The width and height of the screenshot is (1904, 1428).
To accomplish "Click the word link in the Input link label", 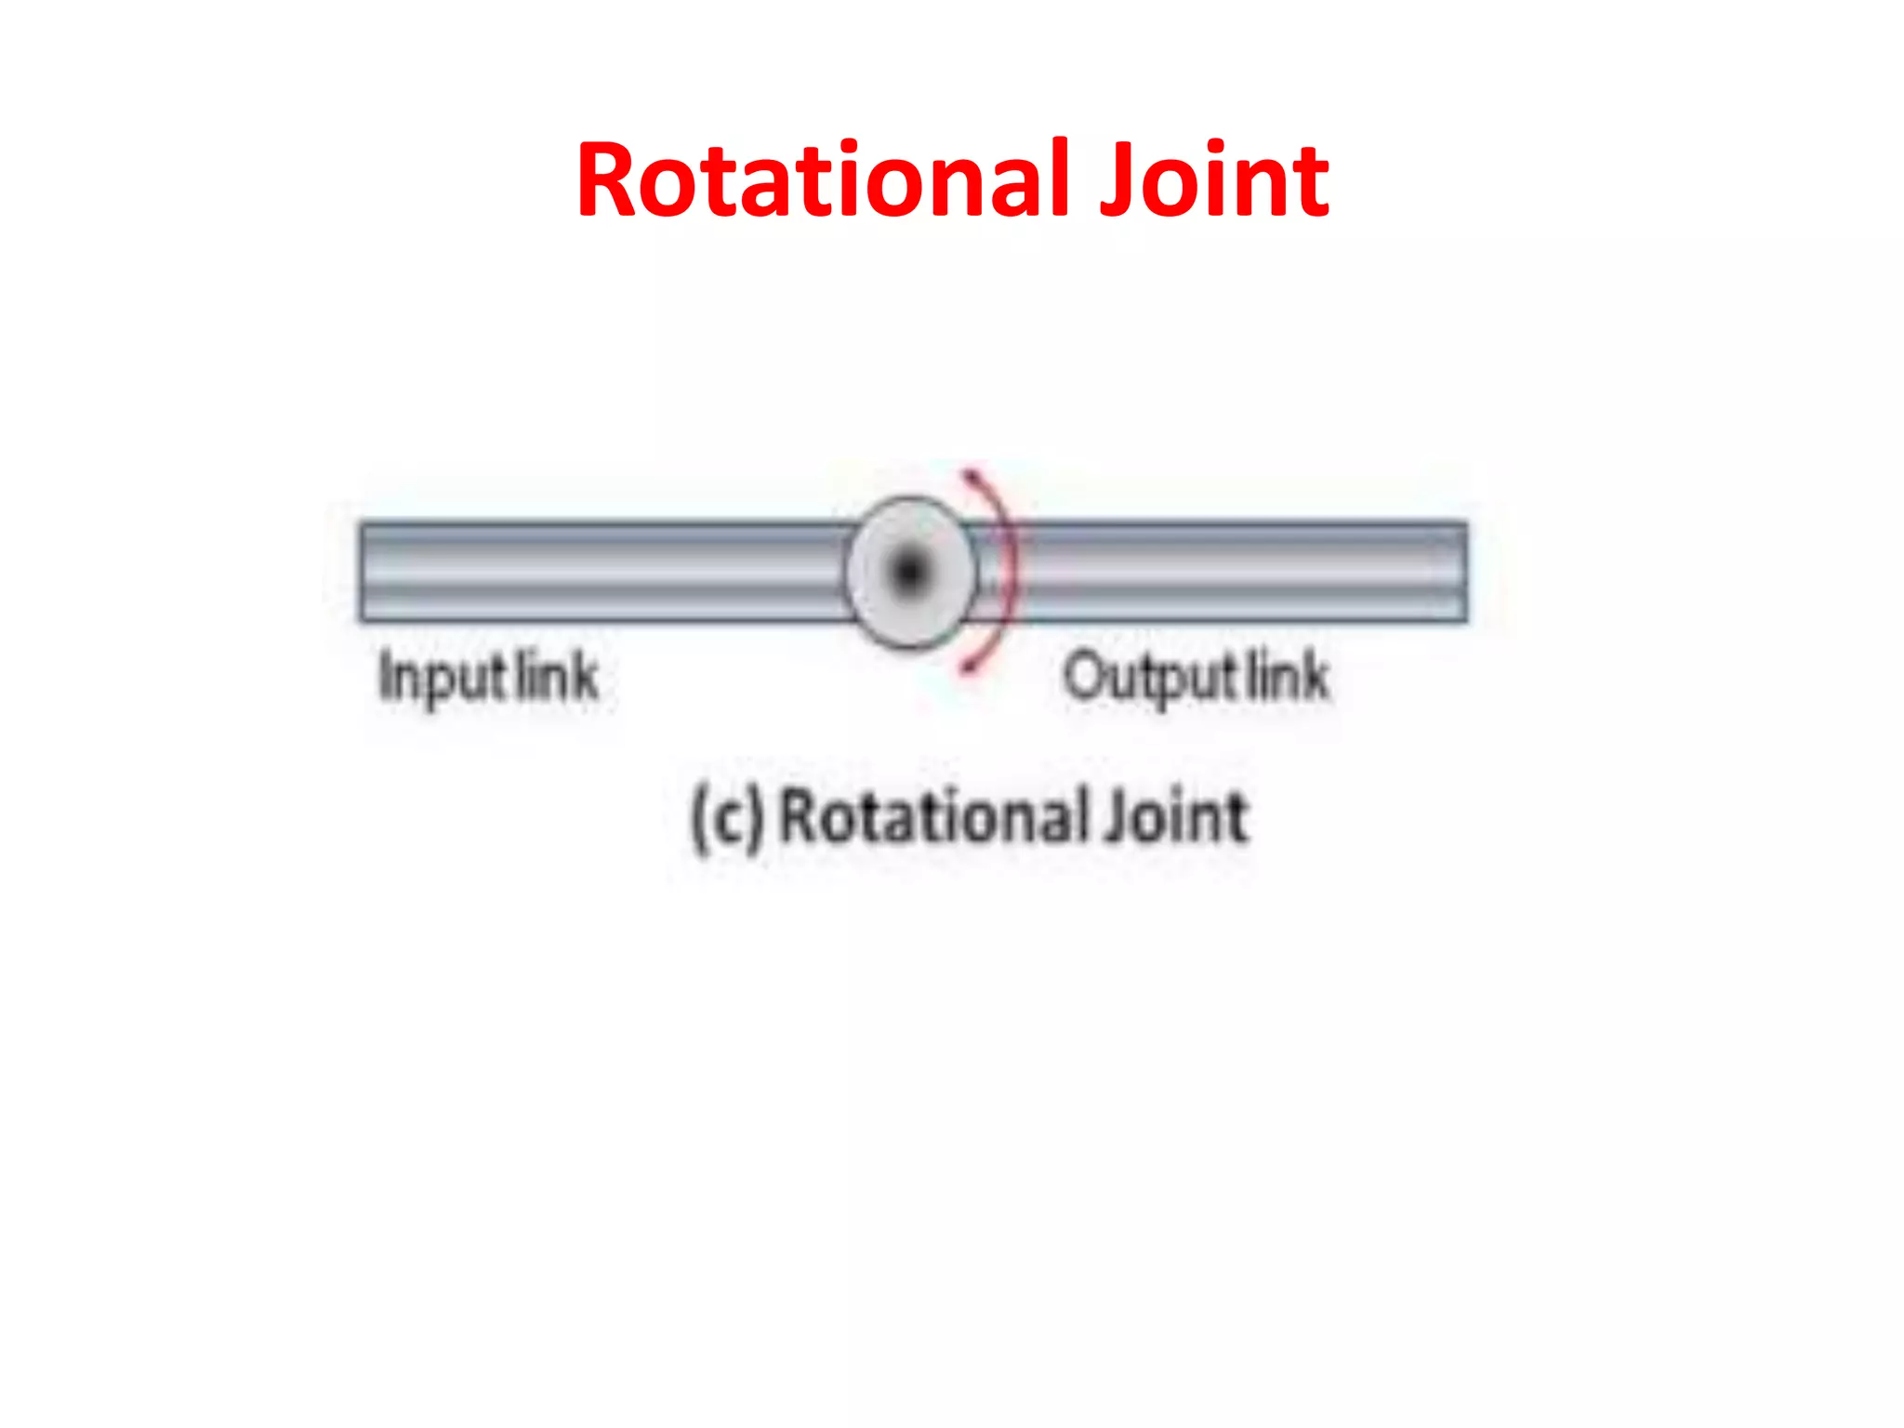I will [x=557, y=676].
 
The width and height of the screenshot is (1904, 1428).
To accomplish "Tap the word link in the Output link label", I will [x=1288, y=676].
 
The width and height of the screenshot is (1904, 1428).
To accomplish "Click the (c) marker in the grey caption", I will [x=728, y=818].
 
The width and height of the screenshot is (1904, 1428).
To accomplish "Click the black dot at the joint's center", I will [x=909, y=571].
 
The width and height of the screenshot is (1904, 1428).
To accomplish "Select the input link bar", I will [x=604, y=571].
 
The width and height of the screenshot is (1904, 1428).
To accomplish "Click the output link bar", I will [x=1236, y=571].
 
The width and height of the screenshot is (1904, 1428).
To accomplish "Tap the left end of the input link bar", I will [x=365, y=571].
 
